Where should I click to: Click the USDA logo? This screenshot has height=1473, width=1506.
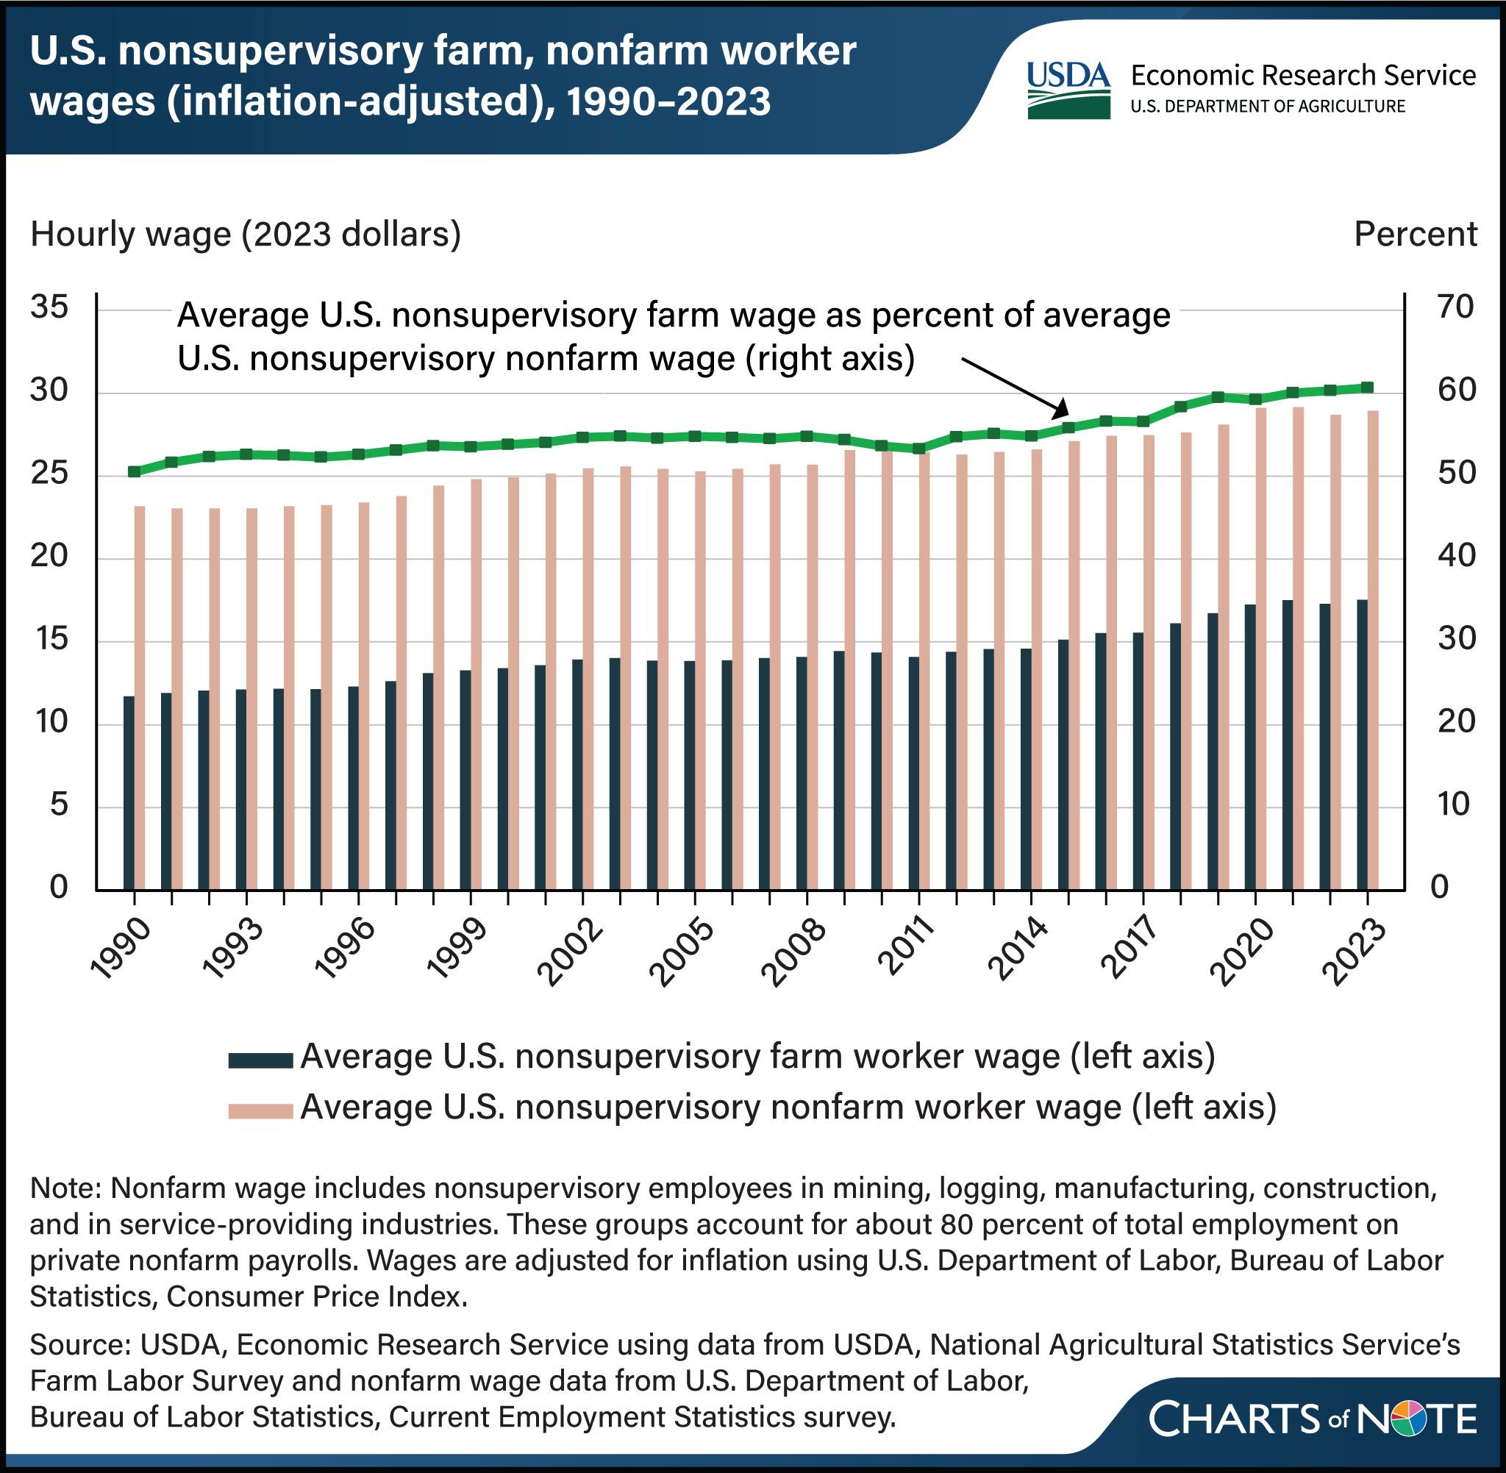click(1068, 90)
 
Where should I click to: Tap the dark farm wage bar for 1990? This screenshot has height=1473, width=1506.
click(129, 793)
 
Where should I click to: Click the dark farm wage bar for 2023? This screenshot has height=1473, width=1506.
click(1362, 744)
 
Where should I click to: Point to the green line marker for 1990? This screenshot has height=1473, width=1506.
click(134, 471)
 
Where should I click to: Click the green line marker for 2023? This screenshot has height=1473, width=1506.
click(1368, 388)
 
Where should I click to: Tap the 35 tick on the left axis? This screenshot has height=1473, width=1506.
click(49, 308)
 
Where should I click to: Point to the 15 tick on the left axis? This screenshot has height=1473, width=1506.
click(49, 639)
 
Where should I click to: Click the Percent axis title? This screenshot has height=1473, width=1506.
click(1415, 235)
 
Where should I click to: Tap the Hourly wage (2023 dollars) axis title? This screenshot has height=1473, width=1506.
click(245, 235)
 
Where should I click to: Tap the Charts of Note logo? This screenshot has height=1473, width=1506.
click(1313, 1419)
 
